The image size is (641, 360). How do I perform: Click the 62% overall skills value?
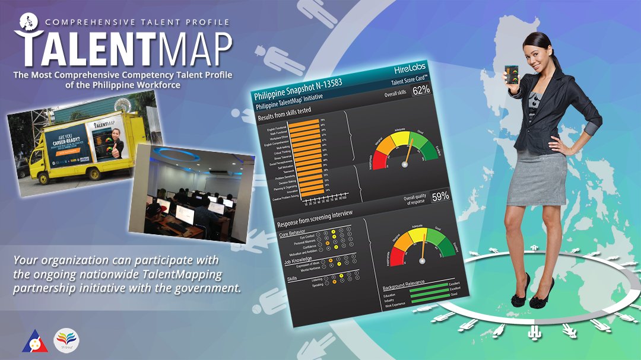point(421,91)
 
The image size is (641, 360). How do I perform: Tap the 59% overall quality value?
point(439,196)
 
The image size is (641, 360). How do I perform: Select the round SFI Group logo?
point(66,340)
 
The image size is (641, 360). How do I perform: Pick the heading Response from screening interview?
point(315,218)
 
